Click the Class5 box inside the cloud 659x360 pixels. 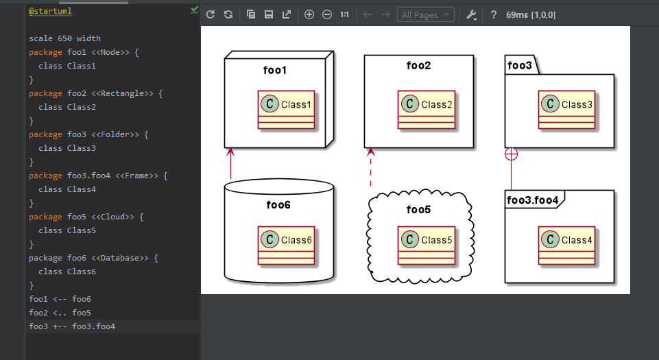(x=426, y=245)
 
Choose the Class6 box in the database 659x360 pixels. (x=286, y=245)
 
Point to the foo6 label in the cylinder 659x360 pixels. (x=278, y=204)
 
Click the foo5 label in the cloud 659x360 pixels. (x=418, y=209)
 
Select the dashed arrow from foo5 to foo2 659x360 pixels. (x=370, y=168)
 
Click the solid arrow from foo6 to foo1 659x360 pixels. (x=230, y=165)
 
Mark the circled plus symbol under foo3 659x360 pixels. (x=511, y=154)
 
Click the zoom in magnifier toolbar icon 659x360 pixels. (x=309, y=14)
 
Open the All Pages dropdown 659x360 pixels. (x=425, y=14)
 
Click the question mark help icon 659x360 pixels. (x=493, y=14)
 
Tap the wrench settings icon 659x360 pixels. (x=471, y=14)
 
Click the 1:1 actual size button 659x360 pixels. (x=344, y=14)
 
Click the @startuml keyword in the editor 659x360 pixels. (x=50, y=12)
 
